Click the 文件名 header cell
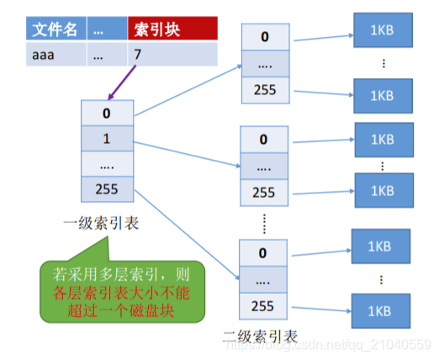point(55,30)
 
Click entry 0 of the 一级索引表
point(106,112)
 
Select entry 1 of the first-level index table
point(106,137)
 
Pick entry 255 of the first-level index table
point(106,189)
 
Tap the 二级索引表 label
point(261,336)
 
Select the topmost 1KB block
point(383,31)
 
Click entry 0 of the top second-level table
point(264,37)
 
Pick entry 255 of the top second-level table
point(264,88)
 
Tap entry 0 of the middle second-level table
point(264,140)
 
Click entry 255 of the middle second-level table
point(264,192)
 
